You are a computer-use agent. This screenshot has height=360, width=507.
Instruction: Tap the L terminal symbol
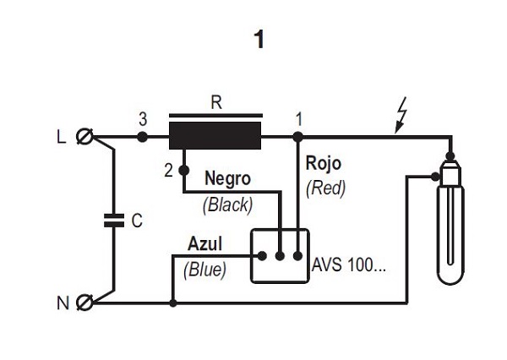click(84, 136)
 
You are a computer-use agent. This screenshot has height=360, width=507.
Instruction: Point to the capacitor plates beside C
click(112, 221)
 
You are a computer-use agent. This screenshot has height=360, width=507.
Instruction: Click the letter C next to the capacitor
click(136, 221)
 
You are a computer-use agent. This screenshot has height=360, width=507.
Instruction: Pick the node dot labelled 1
click(298, 136)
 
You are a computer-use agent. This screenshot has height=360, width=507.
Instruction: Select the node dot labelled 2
click(183, 170)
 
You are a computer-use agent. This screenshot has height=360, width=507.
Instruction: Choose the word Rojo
click(324, 163)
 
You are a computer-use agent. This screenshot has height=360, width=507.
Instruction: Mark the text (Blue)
click(204, 270)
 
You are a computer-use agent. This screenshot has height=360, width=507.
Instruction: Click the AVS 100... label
click(348, 264)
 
